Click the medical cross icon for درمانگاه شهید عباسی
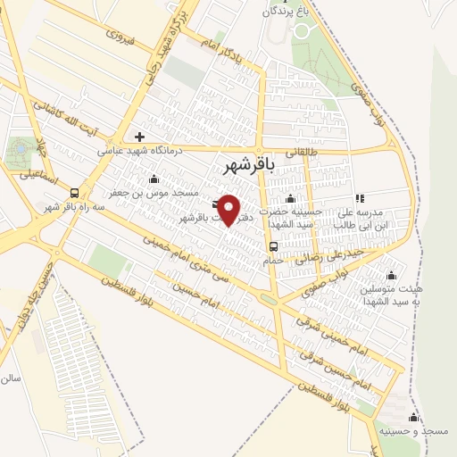[x=139, y=137]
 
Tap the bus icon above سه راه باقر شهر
[x=73, y=193]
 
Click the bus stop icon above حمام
[x=273, y=247]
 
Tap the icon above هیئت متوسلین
[x=390, y=276]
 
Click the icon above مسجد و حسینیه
[x=412, y=417]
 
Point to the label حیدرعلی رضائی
[x=334, y=254]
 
